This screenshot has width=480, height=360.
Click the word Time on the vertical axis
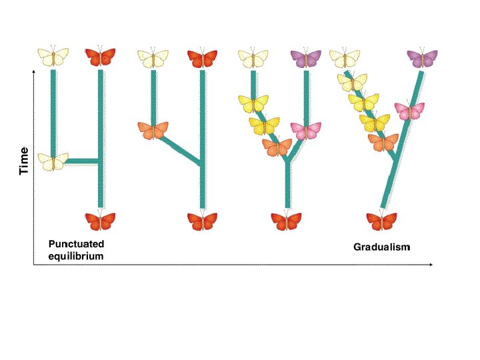[x=25, y=161]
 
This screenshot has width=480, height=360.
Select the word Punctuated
[x=76, y=244]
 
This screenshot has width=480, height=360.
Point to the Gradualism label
[x=382, y=247]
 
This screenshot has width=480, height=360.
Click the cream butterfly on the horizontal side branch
[x=53, y=161]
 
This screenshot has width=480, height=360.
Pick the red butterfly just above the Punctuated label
[x=101, y=221]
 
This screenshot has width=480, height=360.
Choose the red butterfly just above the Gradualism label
[x=382, y=221]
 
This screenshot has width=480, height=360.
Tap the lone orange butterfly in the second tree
[x=153, y=129]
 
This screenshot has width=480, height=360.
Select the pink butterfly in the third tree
[x=307, y=131]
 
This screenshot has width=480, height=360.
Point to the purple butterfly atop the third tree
[x=307, y=58]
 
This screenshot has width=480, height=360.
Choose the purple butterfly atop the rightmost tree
[x=422, y=58]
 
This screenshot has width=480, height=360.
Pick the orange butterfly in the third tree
[x=277, y=147]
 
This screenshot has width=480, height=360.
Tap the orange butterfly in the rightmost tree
[x=383, y=142]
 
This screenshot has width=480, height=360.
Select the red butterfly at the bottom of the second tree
[x=202, y=221]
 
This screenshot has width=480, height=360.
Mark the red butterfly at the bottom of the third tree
[x=287, y=221]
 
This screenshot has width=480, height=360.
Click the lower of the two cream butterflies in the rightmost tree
[x=352, y=83]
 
